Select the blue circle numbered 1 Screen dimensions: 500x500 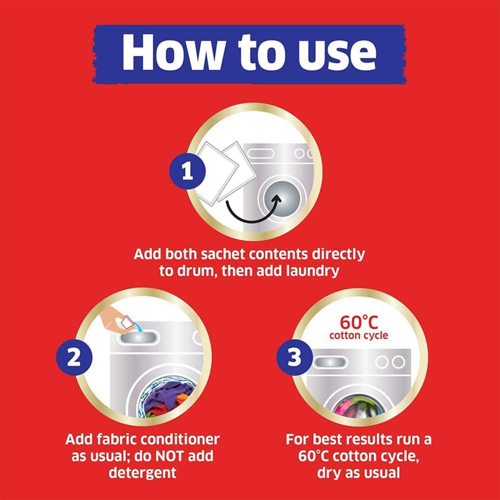(x=187, y=171)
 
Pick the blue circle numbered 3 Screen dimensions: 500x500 (x=294, y=357)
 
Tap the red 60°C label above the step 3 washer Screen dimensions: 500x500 (x=359, y=322)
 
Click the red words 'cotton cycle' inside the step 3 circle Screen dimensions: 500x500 (x=359, y=335)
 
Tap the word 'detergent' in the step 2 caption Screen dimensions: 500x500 (x=142, y=473)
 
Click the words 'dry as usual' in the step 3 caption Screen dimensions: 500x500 (x=358, y=473)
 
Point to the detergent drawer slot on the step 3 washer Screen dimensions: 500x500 (x=330, y=362)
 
